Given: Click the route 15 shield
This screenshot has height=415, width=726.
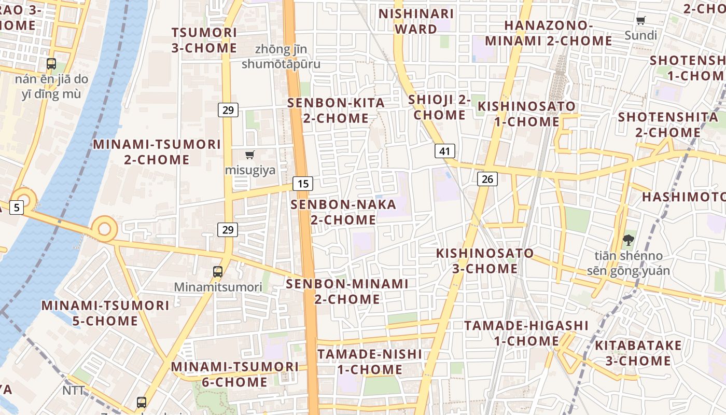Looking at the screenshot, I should click(x=303, y=183).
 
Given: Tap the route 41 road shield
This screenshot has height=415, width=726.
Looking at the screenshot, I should click(x=444, y=151).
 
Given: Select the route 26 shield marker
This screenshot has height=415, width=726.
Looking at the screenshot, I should click(x=487, y=179).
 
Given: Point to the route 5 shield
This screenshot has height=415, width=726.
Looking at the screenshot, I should click(x=17, y=208).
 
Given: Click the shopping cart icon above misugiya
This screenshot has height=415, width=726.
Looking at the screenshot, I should click(x=250, y=155).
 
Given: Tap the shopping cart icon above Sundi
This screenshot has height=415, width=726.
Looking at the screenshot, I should click(x=641, y=21).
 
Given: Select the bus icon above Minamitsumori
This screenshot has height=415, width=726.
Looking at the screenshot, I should click(x=218, y=271).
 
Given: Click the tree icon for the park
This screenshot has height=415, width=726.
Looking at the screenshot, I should click(x=629, y=240).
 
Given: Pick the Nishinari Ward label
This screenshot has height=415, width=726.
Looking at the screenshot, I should click(x=416, y=21).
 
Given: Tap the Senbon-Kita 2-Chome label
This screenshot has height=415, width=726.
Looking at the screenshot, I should click(x=336, y=110).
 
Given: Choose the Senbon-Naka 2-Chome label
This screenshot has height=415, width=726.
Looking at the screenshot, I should click(x=343, y=212).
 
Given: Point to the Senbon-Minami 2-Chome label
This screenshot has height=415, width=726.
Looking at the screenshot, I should click(x=347, y=292).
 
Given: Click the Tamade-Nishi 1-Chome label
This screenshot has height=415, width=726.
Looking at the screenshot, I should click(x=369, y=362).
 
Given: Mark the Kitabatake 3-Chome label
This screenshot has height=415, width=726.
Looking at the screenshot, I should click(x=638, y=353).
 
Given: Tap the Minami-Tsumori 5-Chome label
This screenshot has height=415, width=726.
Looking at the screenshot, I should click(x=105, y=313).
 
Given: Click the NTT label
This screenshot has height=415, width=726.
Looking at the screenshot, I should click(x=73, y=390).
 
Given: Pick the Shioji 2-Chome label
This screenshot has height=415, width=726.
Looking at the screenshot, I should click(x=439, y=107).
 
